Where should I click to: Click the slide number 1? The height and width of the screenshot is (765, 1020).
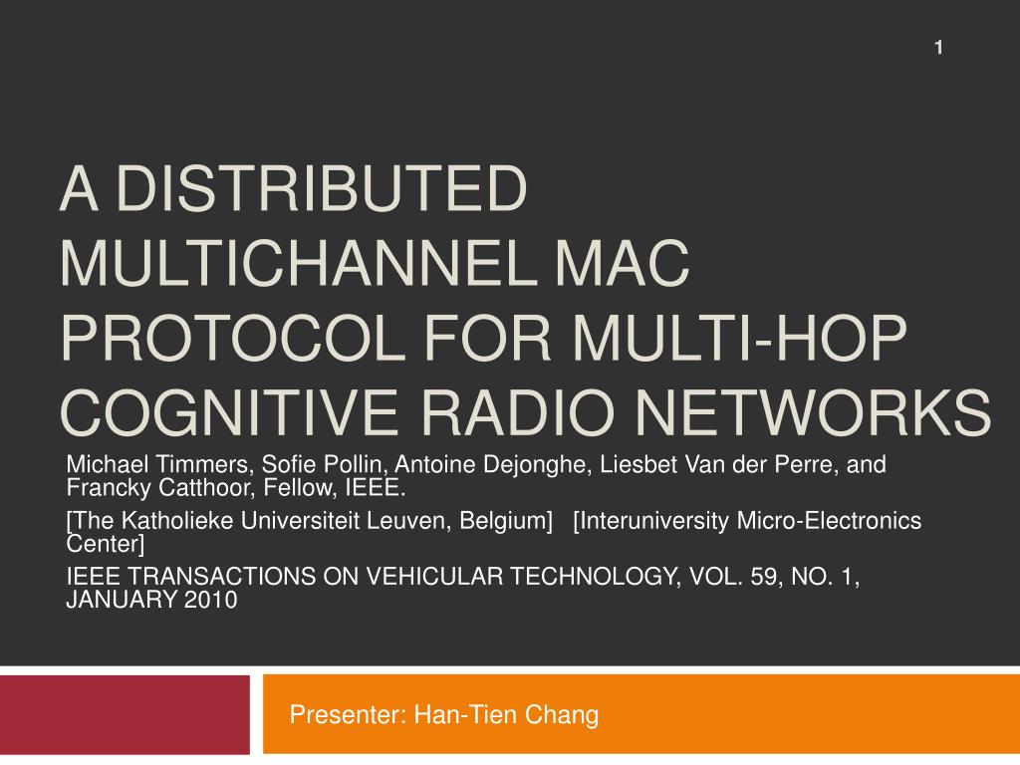coord(938,48)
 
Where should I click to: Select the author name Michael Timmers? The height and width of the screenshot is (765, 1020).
coord(156,465)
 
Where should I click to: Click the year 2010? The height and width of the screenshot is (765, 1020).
coord(210,601)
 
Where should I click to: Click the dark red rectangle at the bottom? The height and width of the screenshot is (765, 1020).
coord(125,714)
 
